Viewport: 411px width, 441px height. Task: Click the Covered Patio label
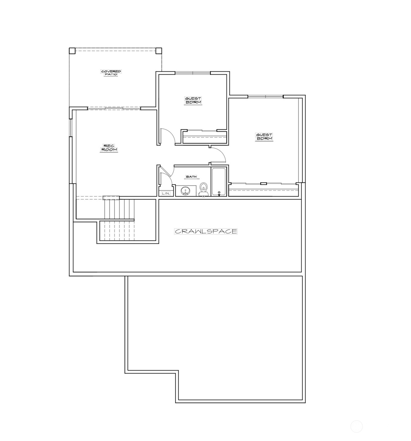click(x=111, y=73)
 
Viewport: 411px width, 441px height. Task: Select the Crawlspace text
click(x=206, y=231)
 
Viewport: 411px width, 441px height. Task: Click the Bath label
click(x=191, y=177)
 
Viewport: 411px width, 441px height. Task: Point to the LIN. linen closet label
click(x=166, y=193)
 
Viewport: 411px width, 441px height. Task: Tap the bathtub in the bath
click(x=219, y=181)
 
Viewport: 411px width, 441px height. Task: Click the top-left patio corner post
click(x=72, y=51)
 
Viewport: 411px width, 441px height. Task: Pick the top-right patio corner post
click(x=159, y=51)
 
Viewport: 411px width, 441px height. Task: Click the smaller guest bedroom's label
click(x=193, y=100)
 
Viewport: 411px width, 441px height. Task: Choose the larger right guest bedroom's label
click(x=264, y=136)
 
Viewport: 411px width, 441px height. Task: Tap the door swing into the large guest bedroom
click(x=219, y=155)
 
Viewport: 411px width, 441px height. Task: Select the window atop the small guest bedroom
click(x=193, y=73)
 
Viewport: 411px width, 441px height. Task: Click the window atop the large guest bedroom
click(x=265, y=97)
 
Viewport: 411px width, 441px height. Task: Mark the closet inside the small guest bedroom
click(x=205, y=137)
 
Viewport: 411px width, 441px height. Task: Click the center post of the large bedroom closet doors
click(x=263, y=183)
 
